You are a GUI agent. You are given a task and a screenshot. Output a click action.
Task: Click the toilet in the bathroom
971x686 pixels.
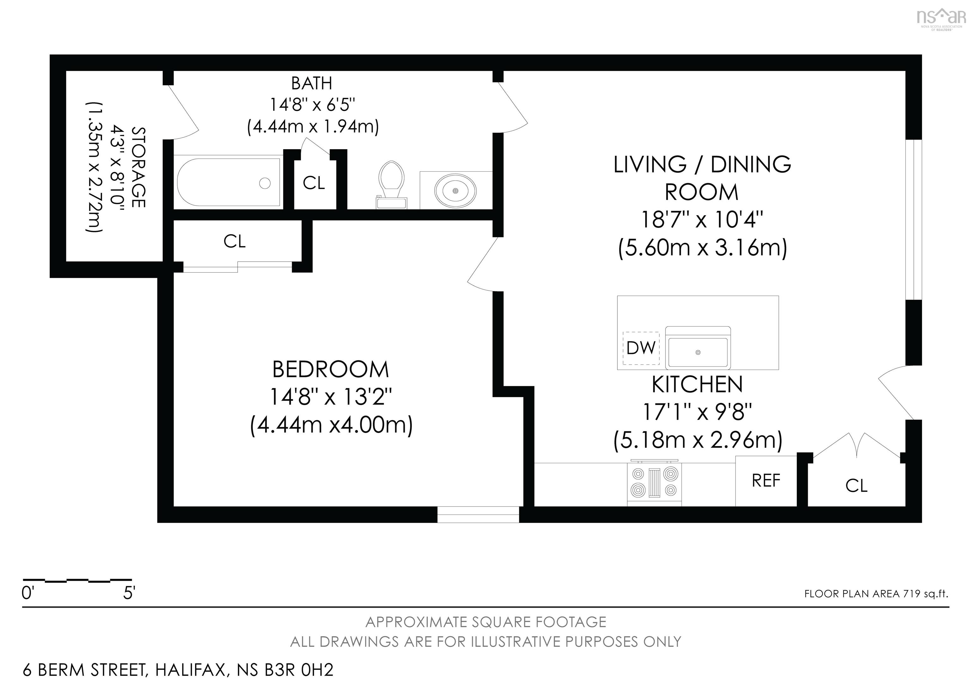pos(391,184)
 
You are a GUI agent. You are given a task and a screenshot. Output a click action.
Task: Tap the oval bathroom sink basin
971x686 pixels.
pos(455,191)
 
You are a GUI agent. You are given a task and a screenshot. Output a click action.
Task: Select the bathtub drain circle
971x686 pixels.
pos(265,183)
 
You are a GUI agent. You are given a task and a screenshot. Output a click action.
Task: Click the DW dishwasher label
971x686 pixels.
pos(641,348)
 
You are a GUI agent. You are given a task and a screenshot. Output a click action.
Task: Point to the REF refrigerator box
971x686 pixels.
pos(766,481)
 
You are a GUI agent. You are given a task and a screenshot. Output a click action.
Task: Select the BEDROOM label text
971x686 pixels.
pos(330,369)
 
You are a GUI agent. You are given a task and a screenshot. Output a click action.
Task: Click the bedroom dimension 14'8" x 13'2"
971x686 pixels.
pos(330,397)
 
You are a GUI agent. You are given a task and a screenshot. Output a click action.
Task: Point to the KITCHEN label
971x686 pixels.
pos(697,384)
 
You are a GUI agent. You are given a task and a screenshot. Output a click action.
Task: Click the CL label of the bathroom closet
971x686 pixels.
pos(314,183)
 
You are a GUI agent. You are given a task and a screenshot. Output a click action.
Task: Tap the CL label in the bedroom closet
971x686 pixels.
pos(234,241)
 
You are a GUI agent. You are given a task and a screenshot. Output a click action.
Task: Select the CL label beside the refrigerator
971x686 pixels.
pos(856,486)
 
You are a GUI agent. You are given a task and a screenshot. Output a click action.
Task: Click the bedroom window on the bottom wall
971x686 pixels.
pos(478,514)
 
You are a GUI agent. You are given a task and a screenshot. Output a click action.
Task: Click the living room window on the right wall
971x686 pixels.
pos(914,220)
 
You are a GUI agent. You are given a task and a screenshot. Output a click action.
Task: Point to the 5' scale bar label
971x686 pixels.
pos(129,593)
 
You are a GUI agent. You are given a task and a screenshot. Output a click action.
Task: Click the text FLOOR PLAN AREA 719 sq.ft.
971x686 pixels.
pos(876,594)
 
